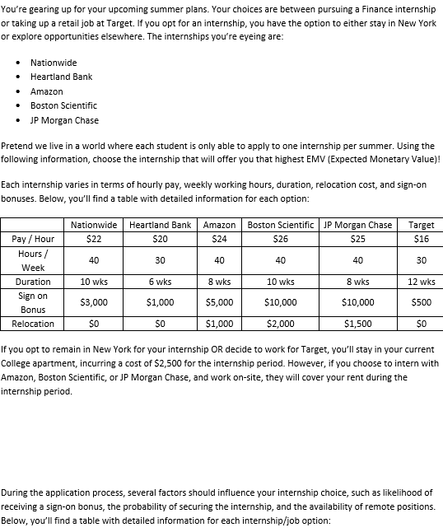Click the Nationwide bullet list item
tap(54, 63)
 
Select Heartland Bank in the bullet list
tap(61, 77)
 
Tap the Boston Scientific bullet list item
tap(63, 105)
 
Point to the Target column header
tap(421, 225)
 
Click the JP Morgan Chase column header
tap(357, 225)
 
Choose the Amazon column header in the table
tap(219, 225)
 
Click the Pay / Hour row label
tap(33, 239)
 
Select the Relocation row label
tap(33, 324)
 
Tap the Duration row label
tap(33, 282)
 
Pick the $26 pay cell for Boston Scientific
tap(281, 239)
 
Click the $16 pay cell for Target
tap(421, 239)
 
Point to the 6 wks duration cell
tap(160, 282)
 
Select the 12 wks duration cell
tap(421, 282)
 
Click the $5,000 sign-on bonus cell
tap(219, 302)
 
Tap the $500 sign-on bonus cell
tap(421, 302)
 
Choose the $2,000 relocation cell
tap(281, 324)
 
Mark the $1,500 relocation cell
tap(357, 324)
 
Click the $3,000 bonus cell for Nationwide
tap(94, 302)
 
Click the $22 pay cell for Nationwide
tap(94, 239)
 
